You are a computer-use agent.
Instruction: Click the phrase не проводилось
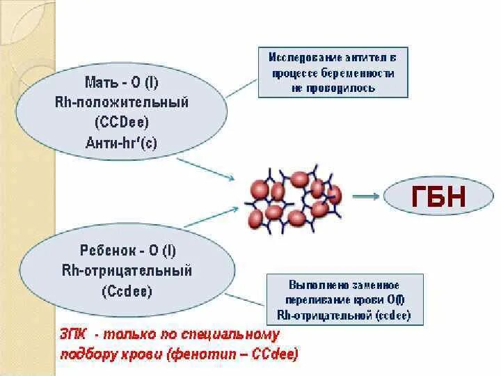click(333, 88)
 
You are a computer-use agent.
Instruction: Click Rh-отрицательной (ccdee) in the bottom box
click(344, 315)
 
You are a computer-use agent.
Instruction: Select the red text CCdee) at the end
click(273, 354)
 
